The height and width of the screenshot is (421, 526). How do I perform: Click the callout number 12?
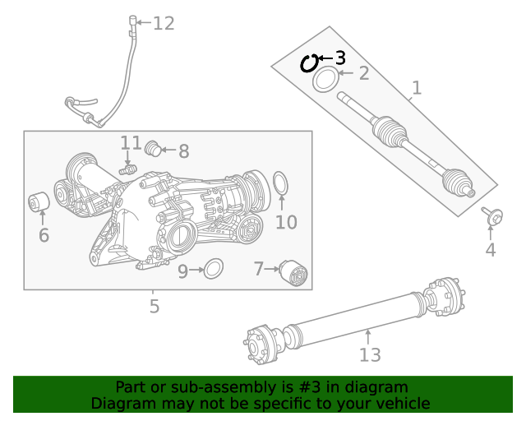coord(164,23)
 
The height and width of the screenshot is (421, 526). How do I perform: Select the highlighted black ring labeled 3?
coord(309,63)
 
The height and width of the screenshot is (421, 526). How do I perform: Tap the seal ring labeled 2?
coord(325,80)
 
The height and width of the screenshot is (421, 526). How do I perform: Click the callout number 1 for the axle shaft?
coord(416,87)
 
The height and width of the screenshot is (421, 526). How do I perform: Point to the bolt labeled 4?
coord(493,217)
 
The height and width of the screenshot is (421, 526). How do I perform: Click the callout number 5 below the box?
coord(154,308)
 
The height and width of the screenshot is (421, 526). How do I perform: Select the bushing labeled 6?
coord(39,201)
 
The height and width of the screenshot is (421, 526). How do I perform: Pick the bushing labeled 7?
coord(293,272)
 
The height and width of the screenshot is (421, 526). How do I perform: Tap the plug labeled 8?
coord(151,149)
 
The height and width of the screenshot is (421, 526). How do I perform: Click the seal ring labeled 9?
coord(214,268)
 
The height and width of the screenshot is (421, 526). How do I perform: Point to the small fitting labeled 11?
coord(127,169)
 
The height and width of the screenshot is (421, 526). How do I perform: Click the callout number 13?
coord(370,354)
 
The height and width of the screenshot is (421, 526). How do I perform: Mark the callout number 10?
coord(285,222)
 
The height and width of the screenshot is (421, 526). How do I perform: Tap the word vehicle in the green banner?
coord(402,404)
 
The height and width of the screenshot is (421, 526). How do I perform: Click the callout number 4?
coord(490,250)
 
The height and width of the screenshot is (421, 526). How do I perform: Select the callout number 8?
coord(183,151)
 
